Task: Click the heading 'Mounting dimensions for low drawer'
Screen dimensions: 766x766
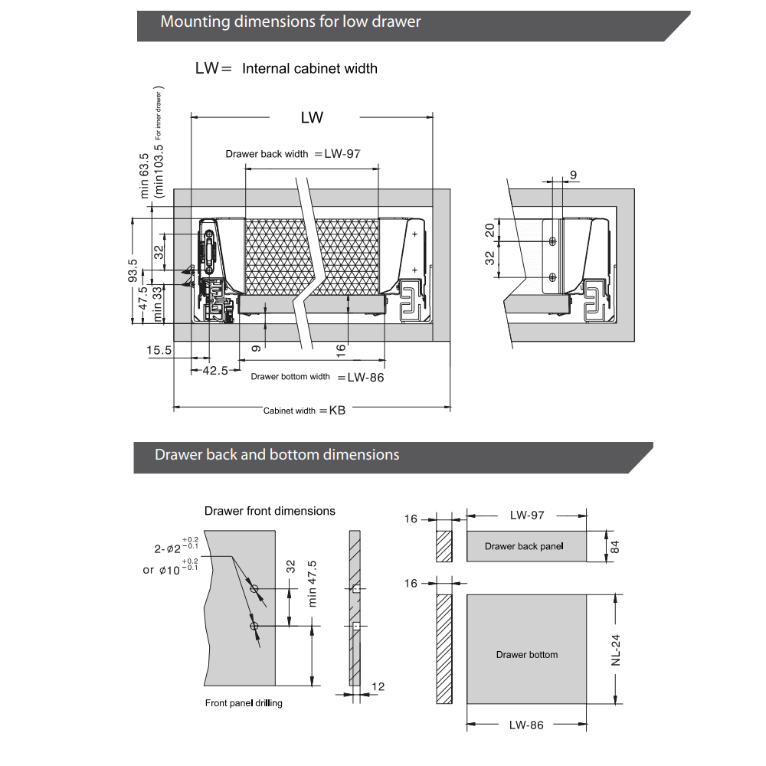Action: [x=290, y=21]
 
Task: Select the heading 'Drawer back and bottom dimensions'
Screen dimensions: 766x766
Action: [x=277, y=454]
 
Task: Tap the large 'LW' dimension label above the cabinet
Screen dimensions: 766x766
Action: [x=312, y=117]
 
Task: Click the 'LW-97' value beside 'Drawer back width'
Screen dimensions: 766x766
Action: [x=342, y=153]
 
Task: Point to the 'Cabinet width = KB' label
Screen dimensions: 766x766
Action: [x=304, y=411]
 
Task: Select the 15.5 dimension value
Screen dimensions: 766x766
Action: [x=159, y=350]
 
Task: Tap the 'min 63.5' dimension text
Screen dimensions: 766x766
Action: [x=145, y=176]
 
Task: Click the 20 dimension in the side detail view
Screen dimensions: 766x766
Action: [x=489, y=231]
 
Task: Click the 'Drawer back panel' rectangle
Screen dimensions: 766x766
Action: [x=526, y=546]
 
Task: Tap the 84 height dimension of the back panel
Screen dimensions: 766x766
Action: [x=614, y=546]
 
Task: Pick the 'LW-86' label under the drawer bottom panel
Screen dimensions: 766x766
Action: [x=526, y=725]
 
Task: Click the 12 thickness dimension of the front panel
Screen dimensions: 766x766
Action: [x=378, y=686]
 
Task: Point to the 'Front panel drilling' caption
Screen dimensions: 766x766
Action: [x=244, y=703]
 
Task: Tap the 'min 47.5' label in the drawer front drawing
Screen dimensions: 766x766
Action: [x=313, y=583]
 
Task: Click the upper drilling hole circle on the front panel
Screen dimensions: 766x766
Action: [x=254, y=589]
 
